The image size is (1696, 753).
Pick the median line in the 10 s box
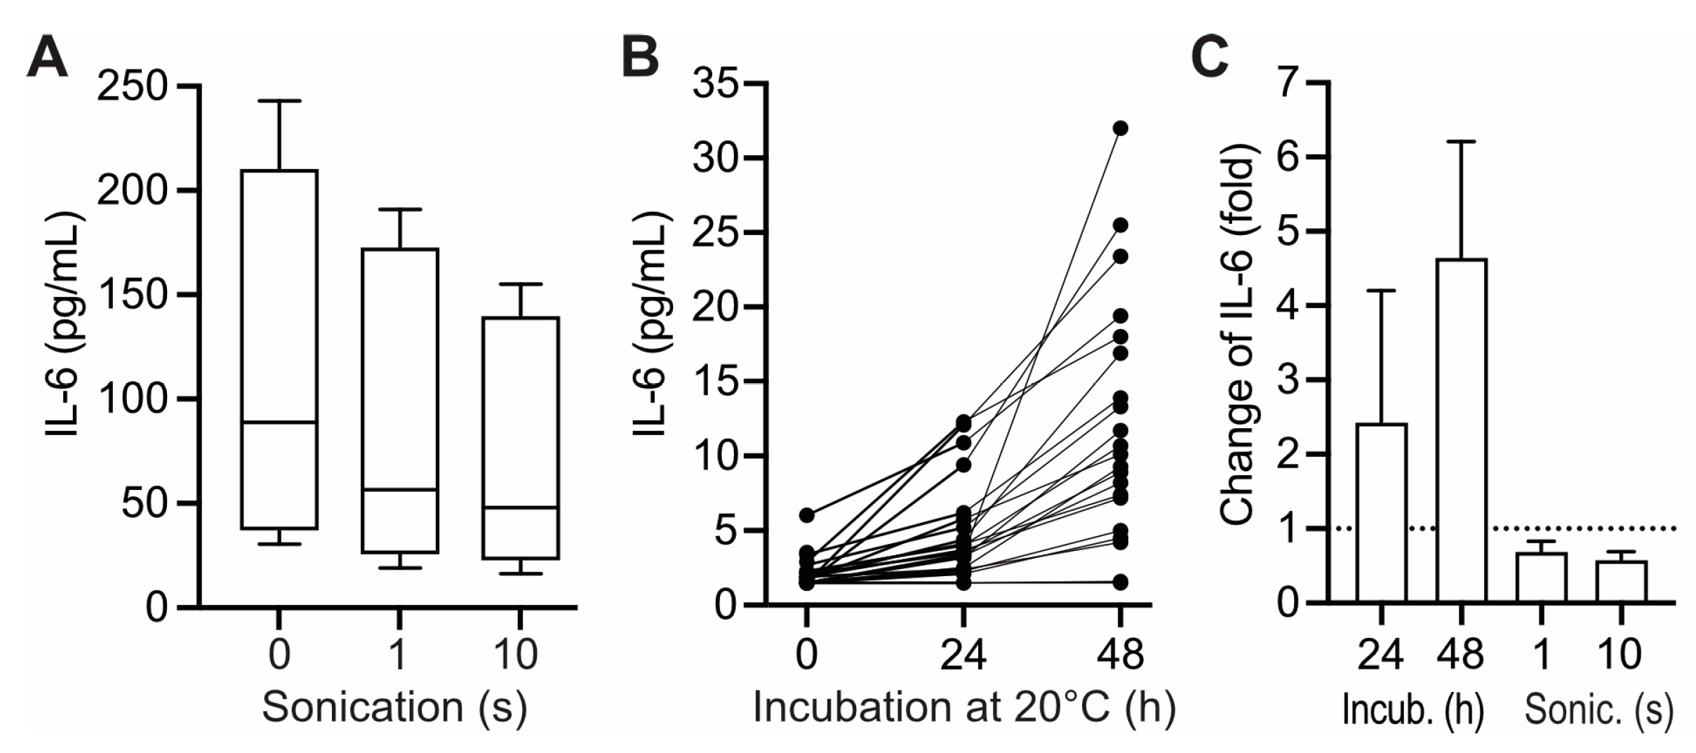[520, 507]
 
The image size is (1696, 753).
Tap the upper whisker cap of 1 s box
[400, 209]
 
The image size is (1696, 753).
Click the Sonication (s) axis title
[394, 707]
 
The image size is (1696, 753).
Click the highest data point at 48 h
[1121, 128]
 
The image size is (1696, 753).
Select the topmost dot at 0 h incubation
[807, 515]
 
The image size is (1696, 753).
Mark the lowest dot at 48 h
[1121, 582]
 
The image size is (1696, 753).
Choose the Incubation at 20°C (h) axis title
[963, 707]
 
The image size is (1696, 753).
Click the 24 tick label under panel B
[963, 654]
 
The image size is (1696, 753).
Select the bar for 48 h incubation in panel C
[1461, 429]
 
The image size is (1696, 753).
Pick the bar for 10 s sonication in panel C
[1622, 581]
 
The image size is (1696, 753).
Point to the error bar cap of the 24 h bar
[1381, 291]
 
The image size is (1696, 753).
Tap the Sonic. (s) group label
[1598, 710]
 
